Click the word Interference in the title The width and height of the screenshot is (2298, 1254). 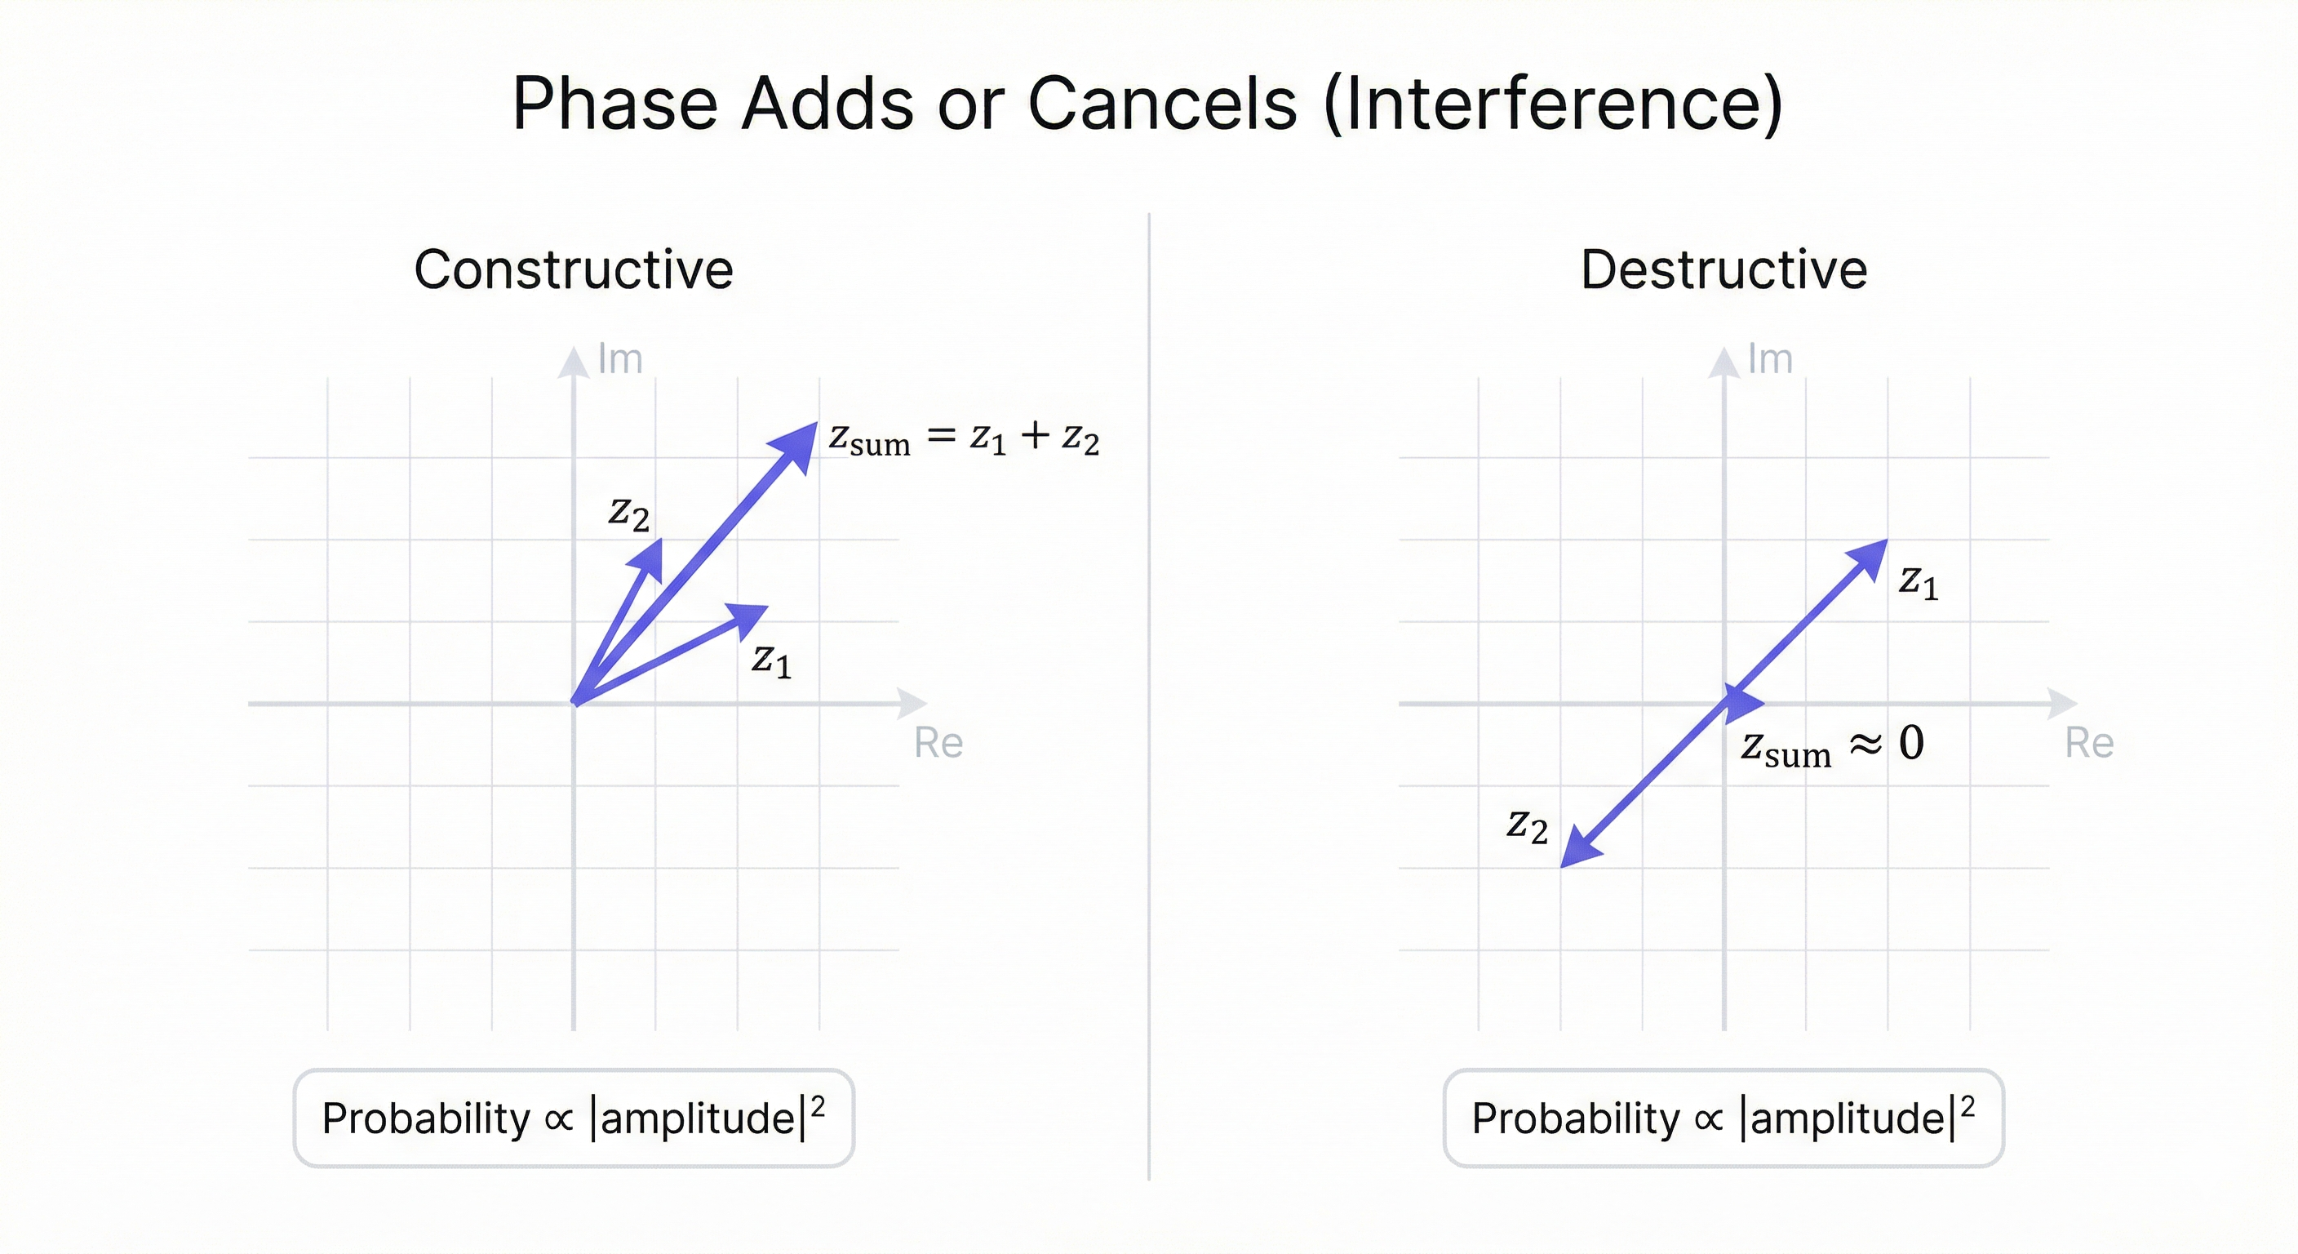[1553, 104]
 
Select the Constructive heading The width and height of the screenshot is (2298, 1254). [574, 269]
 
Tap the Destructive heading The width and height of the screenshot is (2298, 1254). [1723, 269]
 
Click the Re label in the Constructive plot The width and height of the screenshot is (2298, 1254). [938, 743]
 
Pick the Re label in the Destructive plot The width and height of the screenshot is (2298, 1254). [2089, 743]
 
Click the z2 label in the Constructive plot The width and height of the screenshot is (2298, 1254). [629, 514]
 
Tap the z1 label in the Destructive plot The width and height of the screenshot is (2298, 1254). [1919, 583]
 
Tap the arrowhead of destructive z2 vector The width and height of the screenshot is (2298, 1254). [1578, 849]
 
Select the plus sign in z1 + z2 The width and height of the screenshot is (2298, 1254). [1034, 436]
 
